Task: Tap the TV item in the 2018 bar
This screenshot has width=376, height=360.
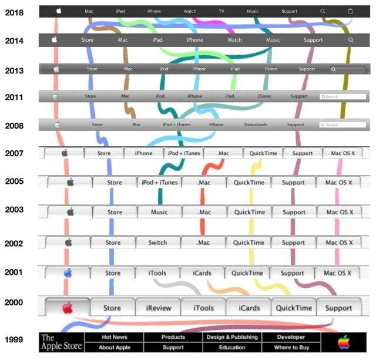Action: click(x=221, y=11)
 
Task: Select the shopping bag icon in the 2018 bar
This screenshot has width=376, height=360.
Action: click(x=350, y=11)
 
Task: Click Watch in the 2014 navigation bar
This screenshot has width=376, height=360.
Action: click(x=234, y=40)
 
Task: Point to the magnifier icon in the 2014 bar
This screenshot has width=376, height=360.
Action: click(x=350, y=40)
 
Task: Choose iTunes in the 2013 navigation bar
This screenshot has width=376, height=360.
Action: click(x=271, y=69)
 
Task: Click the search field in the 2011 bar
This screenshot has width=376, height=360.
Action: click(x=343, y=96)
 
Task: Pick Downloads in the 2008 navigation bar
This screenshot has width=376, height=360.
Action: click(x=256, y=125)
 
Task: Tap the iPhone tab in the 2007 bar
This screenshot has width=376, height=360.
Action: click(x=143, y=153)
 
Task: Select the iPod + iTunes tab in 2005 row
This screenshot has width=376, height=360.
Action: click(x=159, y=182)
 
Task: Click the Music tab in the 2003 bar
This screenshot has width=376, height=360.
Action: click(x=159, y=212)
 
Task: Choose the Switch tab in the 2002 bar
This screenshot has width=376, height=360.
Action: click(x=157, y=242)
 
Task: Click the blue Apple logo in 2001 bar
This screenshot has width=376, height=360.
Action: click(x=68, y=272)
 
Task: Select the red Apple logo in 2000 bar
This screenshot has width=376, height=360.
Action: click(x=68, y=307)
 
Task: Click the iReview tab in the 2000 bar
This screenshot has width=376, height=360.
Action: click(x=157, y=308)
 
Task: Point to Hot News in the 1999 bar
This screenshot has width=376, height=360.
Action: click(x=115, y=337)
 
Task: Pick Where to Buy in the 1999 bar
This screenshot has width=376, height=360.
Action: click(x=291, y=348)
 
